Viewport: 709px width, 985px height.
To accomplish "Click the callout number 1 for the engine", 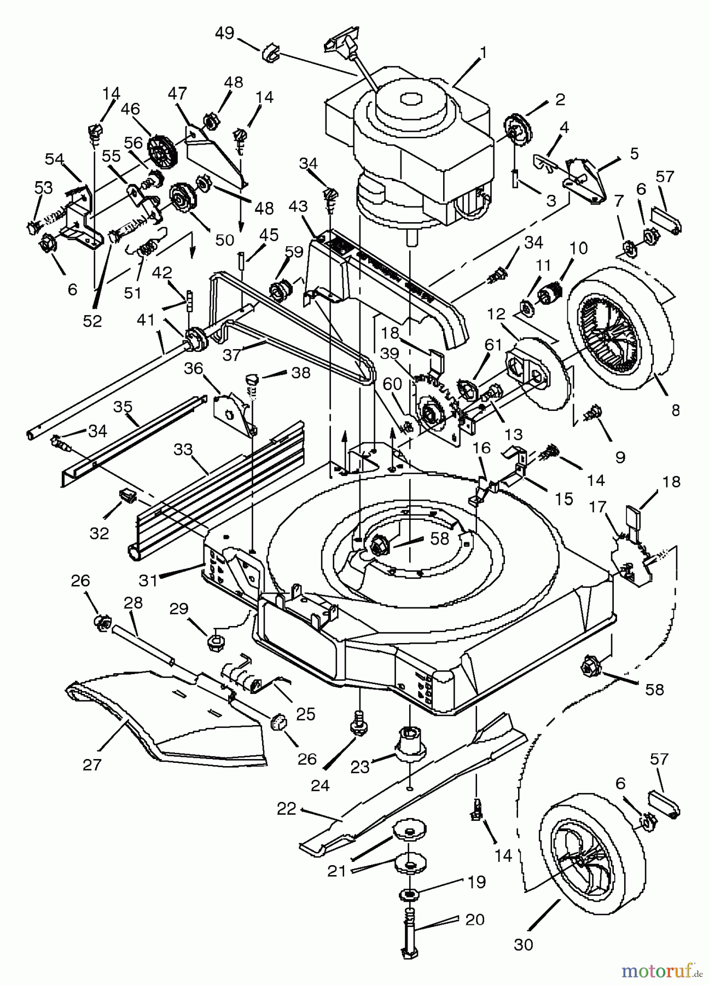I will pos(483,53).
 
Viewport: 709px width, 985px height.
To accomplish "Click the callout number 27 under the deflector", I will pos(92,764).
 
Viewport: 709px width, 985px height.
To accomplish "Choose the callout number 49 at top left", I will pos(224,33).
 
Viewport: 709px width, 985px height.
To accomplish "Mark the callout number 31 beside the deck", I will pos(148,580).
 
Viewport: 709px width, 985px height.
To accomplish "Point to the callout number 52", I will pos(92,321).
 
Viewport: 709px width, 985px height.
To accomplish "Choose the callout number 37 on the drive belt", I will pos(231,355).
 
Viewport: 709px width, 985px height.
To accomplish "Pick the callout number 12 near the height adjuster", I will pos(496,315).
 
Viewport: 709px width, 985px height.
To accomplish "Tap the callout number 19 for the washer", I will pos(476,882).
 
